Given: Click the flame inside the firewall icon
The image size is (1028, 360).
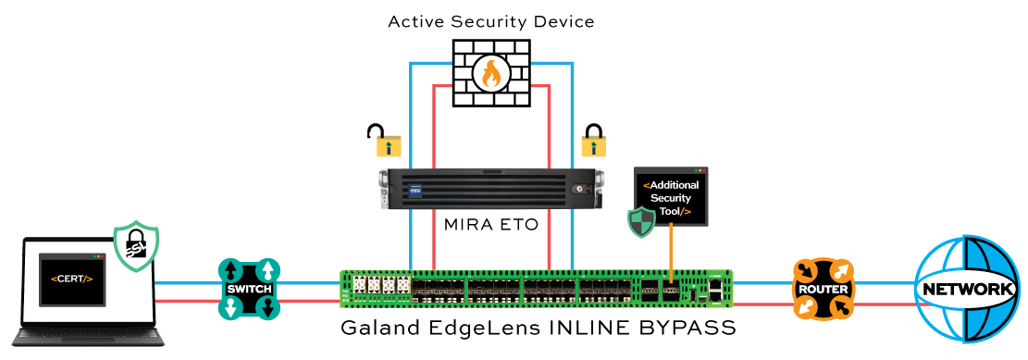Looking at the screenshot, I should tap(489, 74).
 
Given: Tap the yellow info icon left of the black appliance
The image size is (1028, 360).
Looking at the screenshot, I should tap(389, 145).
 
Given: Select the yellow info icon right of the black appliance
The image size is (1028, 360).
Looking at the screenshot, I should tap(592, 146).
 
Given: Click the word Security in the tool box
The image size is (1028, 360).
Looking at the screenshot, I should tap(671, 198).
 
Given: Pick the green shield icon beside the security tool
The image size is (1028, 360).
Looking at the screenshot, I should tap(640, 223).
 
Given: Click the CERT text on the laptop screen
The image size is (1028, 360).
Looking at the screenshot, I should tap(72, 279).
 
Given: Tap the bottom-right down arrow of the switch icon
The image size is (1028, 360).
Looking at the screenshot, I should tap(266, 308).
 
